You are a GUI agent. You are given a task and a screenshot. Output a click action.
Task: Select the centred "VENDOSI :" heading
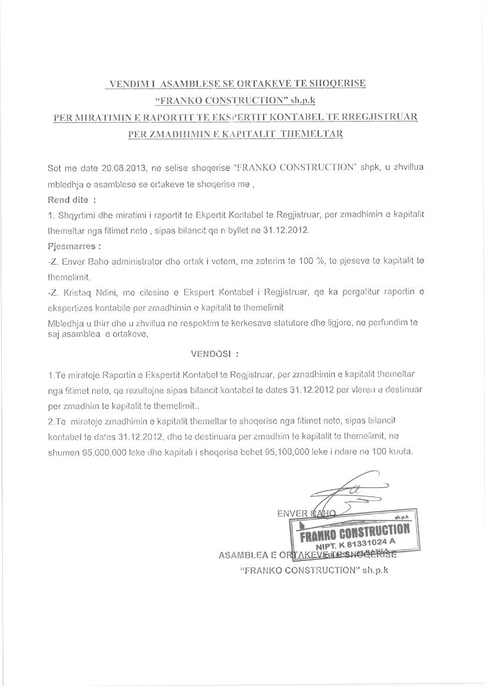pos(215,354)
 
